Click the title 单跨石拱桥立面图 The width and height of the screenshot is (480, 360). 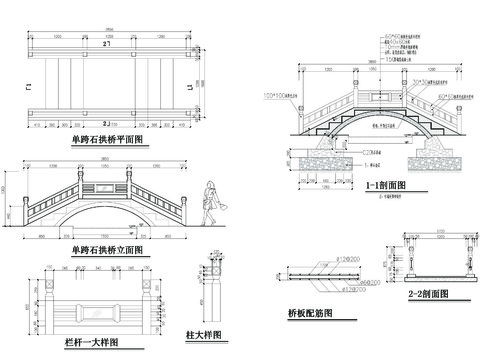pos(104,249)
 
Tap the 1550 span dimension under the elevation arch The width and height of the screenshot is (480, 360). pos(105,238)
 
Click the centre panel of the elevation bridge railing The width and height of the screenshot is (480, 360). pos(104,187)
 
